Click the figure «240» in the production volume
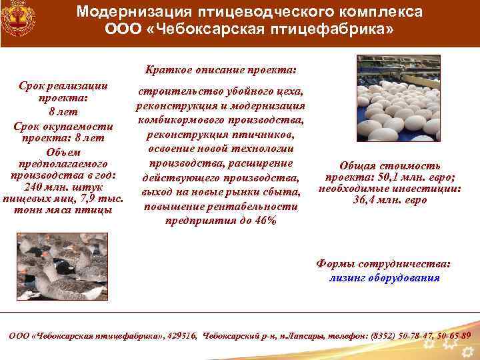(x=33, y=187)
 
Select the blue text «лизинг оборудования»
(x=384, y=278)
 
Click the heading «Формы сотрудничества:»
(x=383, y=265)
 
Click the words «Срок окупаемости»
(x=64, y=127)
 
